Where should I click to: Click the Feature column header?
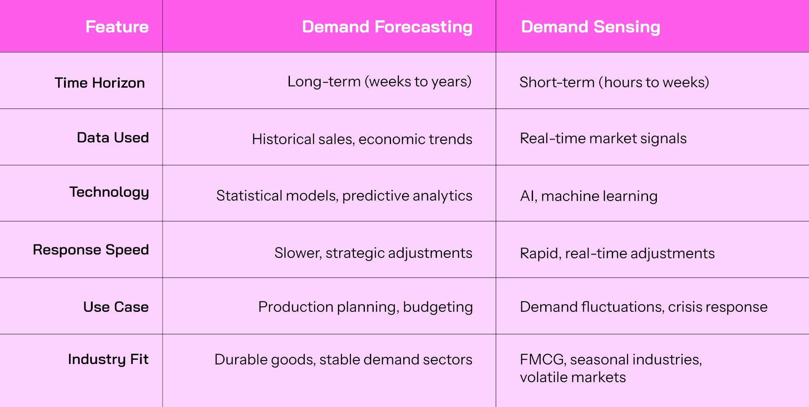pyautogui.click(x=117, y=27)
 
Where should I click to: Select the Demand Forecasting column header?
pyautogui.click(x=387, y=27)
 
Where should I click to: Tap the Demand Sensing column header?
pyautogui.click(x=590, y=27)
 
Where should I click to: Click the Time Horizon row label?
pyautogui.click(x=100, y=83)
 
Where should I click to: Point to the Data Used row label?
pyautogui.click(x=113, y=137)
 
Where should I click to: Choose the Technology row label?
pyautogui.click(x=109, y=193)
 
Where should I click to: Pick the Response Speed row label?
pyautogui.click(x=91, y=250)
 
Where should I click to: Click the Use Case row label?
pyautogui.click(x=116, y=307)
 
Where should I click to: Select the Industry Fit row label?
pyautogui.click(x=108, y=359)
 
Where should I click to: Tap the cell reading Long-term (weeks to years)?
pyautogui.click(x=379, y=82)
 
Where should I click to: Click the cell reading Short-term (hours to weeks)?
pyautogui.click(x=614, y=82)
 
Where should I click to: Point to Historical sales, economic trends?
pyautogui.click(x=362, y=139)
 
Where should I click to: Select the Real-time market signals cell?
pyautogui.click(x=603, y=139)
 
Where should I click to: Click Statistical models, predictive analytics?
pyautogui.click(x=344, y=196)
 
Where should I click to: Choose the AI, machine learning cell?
pyautogui.click(x=589, y=196)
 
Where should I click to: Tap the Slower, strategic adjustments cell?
pyautogui.click(x=373, y=253)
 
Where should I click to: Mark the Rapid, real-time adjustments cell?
pyautogui.click(x=617, y=254)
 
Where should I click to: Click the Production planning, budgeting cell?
pyautogui.click(x=365, y=307)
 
